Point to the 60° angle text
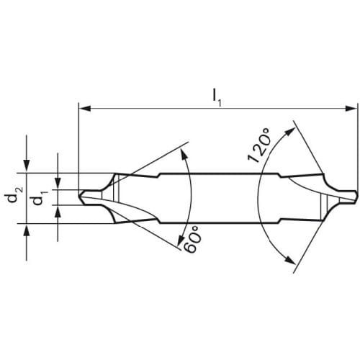pyautogui.click(x=192, y=238)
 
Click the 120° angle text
pyautogui.click(x=258, y=146)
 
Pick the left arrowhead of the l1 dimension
pyautogui.click(x=85, y=109)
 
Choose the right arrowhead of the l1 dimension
pyautogui.click(x=351, y=109)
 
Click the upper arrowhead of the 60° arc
pyautogui.click(x=184, y=153)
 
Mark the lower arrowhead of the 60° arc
pyautogui.click(x=180, y=240)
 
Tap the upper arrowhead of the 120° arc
pyautogui.click(x=289, y=132)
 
